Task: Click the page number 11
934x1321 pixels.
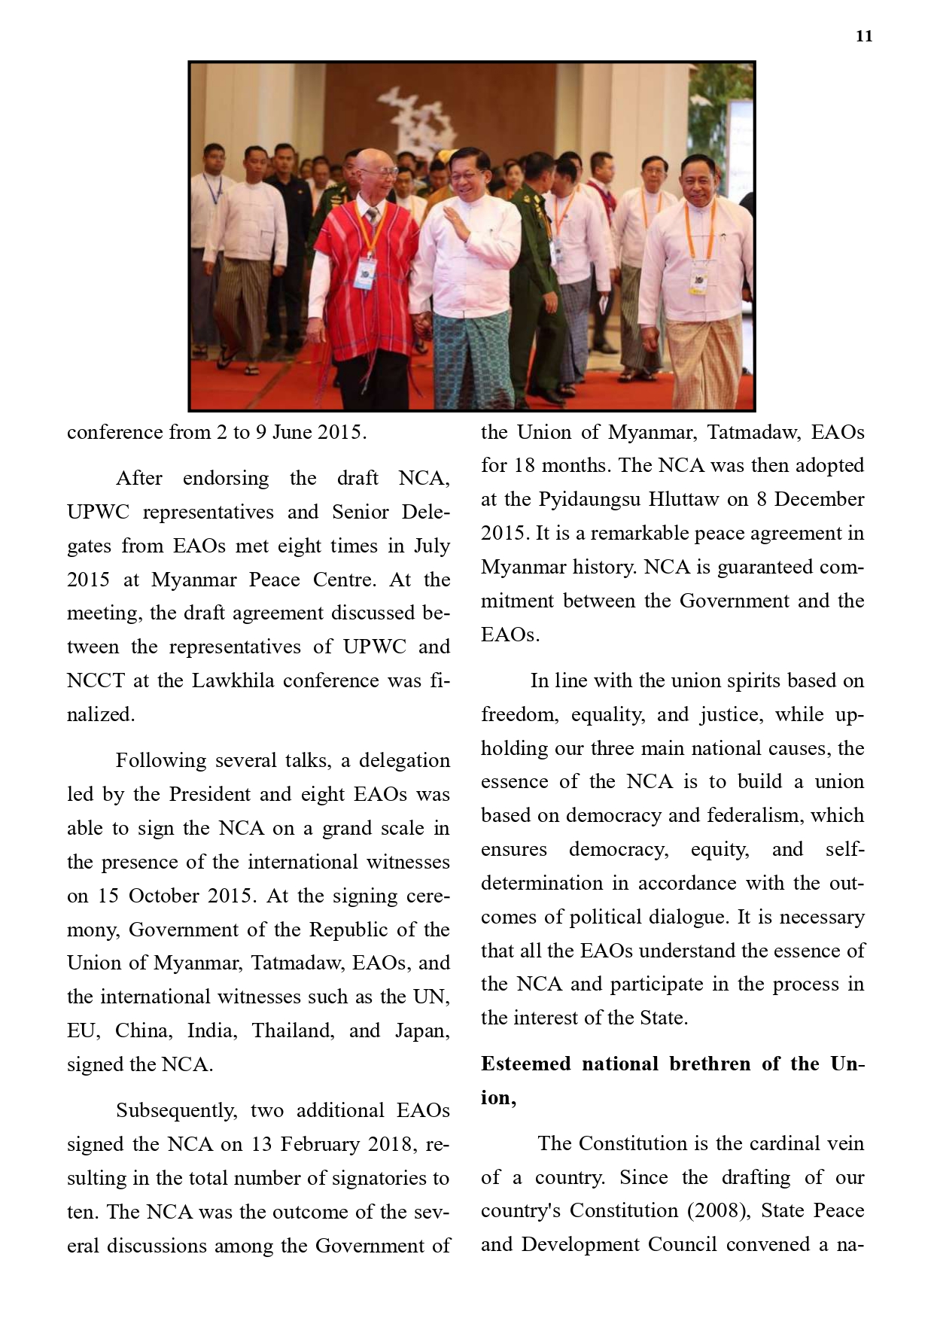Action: coord(864,36)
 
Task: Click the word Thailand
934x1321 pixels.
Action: coord(293,1030)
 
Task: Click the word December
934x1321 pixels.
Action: coord(819,499)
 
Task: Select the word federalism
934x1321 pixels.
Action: coord(756,815)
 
